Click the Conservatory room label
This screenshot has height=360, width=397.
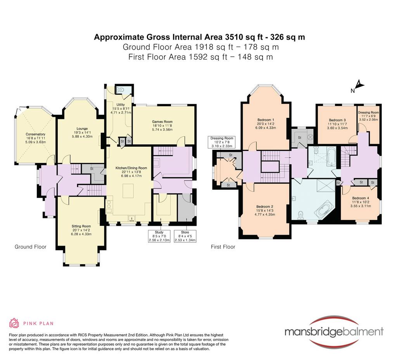35,134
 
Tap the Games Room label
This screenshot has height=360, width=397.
162,121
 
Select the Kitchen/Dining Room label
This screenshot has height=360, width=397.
131,168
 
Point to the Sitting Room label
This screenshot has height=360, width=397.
81,226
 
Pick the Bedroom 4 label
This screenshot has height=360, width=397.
361,198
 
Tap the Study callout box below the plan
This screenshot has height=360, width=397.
159,236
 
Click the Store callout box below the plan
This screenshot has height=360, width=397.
185,236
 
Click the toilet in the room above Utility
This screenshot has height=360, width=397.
120,90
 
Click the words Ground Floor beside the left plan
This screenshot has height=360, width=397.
30,247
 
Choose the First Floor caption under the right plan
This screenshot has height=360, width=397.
223,247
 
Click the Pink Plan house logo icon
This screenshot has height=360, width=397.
14,323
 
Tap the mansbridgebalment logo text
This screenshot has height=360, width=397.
334,331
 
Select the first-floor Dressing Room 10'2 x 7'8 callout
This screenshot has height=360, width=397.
222,142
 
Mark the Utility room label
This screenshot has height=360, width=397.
121,105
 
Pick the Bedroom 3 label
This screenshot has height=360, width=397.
337,120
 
